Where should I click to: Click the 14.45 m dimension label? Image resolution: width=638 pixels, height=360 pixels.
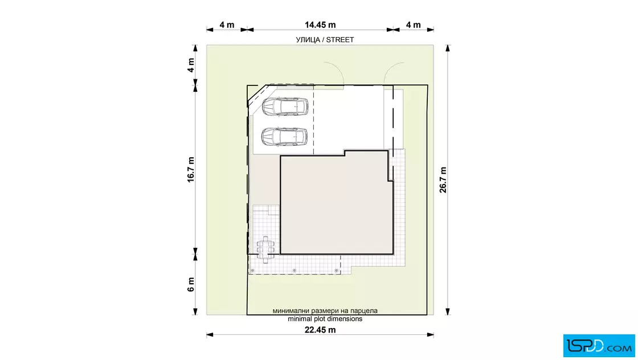coord(320,25)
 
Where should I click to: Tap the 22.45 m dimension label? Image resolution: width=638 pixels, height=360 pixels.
coord(320,330)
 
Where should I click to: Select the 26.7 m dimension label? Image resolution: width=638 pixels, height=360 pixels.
coord(443,180)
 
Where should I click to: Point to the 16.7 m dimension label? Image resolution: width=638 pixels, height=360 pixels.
coord(191,170)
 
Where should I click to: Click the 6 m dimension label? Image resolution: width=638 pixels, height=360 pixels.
coord(191,285)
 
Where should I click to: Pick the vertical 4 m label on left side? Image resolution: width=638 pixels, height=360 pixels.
coord(191,65)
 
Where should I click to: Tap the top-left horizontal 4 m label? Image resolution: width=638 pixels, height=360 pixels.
coord(227,25)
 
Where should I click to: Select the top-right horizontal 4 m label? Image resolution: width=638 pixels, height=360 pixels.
coord(414,25)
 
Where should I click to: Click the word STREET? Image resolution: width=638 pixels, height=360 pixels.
coord(340,40)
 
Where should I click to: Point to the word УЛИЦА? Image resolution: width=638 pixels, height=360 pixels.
coord(308,40)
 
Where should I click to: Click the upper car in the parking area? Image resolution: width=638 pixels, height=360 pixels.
coord(285,107)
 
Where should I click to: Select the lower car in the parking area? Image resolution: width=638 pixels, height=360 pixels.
coord(284,137)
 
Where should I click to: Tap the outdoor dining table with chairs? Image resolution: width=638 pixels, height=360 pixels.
coord(265,249)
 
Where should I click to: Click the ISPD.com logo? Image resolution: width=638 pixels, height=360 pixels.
coord(599,346)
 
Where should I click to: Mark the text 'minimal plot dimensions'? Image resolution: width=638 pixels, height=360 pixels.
coord(325,319)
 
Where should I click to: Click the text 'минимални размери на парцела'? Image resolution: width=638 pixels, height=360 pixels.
coord(325,311)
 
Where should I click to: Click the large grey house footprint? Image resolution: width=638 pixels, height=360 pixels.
coord(337,203)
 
